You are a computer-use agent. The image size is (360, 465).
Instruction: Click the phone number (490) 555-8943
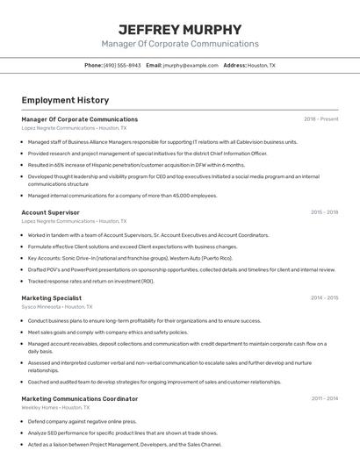121,65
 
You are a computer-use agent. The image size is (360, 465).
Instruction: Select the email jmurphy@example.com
190,65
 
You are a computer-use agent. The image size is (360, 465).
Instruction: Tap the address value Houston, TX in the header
261,65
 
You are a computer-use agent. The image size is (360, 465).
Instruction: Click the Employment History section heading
65,100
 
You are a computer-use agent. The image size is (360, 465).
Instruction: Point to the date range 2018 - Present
320,119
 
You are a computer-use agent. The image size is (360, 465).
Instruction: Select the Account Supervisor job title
50,212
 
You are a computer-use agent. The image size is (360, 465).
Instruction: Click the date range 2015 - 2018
324,212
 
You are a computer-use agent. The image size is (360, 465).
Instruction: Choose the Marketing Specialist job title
51,297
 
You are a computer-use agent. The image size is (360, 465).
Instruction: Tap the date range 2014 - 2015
324,297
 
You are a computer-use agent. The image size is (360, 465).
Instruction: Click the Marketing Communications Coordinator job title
79,398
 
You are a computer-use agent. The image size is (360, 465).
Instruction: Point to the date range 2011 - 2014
324,398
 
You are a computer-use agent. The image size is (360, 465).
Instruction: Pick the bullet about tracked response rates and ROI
90,282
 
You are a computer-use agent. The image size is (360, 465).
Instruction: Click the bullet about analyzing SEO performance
122,433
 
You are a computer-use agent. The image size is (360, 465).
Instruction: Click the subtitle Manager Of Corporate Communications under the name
179,44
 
